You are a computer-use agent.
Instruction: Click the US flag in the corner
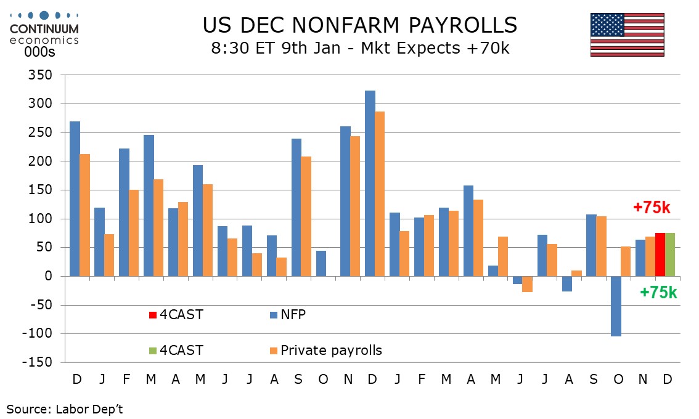[627, 35]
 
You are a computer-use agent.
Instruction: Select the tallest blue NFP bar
[370, 184]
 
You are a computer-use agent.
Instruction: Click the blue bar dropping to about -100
[616, 306]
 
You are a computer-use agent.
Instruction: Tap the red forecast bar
[660, 254]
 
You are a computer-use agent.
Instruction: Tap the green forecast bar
[670, 254]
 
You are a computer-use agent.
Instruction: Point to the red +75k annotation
[652, 208]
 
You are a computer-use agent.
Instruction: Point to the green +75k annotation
[658, 293]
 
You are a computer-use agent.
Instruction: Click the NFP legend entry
[293, 315]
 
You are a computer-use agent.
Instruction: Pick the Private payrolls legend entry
[331, 351]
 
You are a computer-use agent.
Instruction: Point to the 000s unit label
[39, 52]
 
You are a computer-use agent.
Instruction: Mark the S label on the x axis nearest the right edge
[594, 378]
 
